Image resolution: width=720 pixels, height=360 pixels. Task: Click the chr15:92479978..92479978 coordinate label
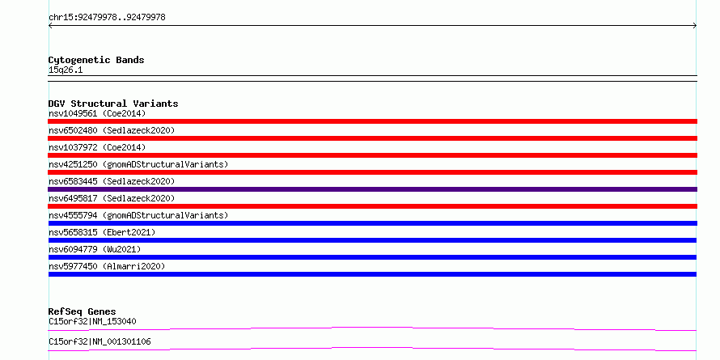coord(107,18)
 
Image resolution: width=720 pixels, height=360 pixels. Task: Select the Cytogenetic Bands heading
coord(96,60)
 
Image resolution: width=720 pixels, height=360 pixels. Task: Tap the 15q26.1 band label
coord(66,70)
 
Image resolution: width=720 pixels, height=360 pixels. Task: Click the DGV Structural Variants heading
coord(113,104)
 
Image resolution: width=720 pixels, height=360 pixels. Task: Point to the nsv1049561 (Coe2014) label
coord(97,113)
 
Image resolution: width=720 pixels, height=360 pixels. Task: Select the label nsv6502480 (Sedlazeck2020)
coord(112,130)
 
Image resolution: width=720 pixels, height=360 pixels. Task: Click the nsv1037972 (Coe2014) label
coord(97,147)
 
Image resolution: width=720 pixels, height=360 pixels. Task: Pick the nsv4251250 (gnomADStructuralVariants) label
coord(138,164)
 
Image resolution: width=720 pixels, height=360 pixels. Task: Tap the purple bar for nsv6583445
coord(372,189)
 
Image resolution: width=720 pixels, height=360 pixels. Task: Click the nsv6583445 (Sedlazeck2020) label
coord(112,181)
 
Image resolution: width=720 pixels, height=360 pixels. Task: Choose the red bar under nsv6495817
coord(372,206)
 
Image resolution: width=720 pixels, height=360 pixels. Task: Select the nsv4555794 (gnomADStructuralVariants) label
coord(138,215)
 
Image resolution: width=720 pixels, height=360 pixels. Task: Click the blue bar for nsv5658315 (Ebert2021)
coord(372,240)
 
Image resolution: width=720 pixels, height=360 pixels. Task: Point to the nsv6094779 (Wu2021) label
coord(95,249)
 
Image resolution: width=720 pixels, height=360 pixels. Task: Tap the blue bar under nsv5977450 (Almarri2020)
coord(372,274)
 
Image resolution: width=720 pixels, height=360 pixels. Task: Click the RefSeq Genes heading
coord(82,311)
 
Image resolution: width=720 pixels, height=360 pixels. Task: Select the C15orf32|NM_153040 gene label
coord(92,321)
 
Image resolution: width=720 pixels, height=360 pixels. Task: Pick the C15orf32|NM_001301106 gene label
coord(100,341)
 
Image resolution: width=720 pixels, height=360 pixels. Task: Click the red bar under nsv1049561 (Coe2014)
coord(372,121)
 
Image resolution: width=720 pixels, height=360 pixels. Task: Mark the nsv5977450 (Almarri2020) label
coord(107,266)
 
